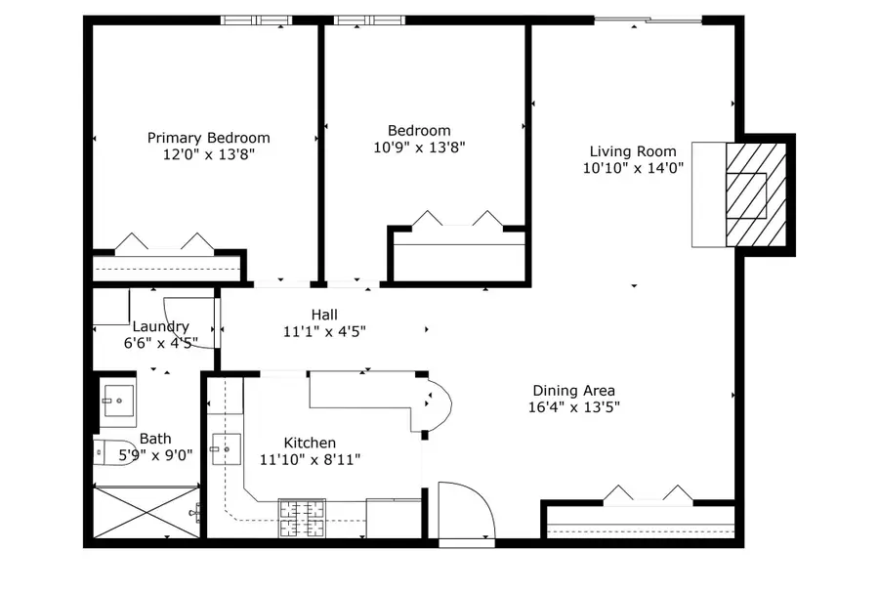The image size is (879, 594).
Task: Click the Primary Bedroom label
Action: pyautogui.click(x=209, y=138)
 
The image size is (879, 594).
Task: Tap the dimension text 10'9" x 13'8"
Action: pyautogui.click(x=419, y=147)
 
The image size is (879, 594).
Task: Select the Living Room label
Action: pyautogui.click(x=633, y=150)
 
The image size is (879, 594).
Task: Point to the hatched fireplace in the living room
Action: pyautogui.click(x=756, y=194)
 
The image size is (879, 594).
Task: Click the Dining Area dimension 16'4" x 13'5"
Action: pyautogui.click(x=574, y=406)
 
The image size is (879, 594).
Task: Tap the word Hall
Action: pyautogui.click(x=324, y=315)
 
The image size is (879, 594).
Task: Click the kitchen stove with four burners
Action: pyautogui.click(x=302, y=518)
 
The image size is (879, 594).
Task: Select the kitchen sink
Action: pyautogui.click(x=227, y=449)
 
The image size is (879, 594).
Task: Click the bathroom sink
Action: pyautogui.click(x=118, y=401)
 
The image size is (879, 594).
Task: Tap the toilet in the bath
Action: pyautogui.click(x=105, y=452)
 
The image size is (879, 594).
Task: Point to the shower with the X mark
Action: pyautogui.click(x=146, y=513)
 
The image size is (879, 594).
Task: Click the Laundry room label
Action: pyautogui.click(x=160, y=326)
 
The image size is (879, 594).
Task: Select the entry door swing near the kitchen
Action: pyautogui.click(x=467, y=510)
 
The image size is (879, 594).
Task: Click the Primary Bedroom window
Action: pyautogui.click(x=257, y=21)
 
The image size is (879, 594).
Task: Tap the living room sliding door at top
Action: pyautogui.click(x=649, y=21)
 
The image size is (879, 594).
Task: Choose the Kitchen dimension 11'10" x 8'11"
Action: pyautogui.click(x=310, y=459)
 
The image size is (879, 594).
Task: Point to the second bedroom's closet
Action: pyautogui.click(x=459, y=256)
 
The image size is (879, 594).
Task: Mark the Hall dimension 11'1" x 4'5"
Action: pyautogui.click(x=324, y=331)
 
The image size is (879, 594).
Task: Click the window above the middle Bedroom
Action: pyautogui.click(x=369, y=21)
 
